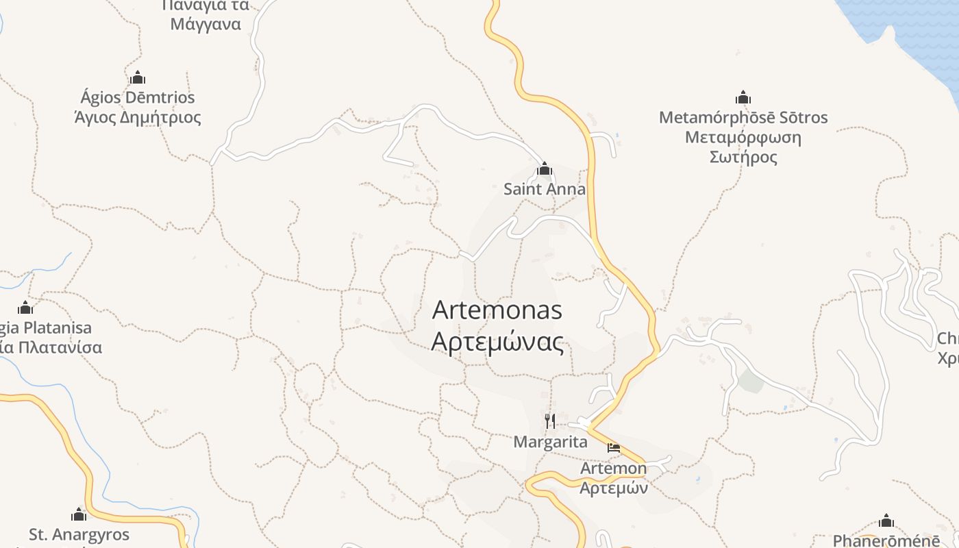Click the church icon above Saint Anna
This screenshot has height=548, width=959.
click(545, 169)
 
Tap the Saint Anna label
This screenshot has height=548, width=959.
click(545, 189)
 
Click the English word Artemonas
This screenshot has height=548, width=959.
click(497, 310)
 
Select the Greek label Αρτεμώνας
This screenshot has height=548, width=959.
click(497, 341)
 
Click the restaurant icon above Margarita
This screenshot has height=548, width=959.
click(550, 421)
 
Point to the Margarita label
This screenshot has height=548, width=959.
click(550, 442)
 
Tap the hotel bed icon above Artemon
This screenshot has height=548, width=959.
click(614, 448)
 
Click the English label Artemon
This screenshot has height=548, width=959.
click(613, 469)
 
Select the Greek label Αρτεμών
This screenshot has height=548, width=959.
click(613, 488)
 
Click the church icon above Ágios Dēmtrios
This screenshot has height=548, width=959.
click(138, 77)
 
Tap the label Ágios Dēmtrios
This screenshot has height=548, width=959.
click(138, 97)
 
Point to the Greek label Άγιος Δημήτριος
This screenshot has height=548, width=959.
click(138, 117)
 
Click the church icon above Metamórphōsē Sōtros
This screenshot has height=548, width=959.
click(743, 97)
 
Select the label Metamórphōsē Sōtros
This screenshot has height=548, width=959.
click(743, 118)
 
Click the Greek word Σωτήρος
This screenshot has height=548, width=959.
click(743, 158)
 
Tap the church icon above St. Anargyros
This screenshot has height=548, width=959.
click(79, 514)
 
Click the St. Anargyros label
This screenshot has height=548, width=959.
click(79, 534)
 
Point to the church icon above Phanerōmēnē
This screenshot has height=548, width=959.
click(886, 521)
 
